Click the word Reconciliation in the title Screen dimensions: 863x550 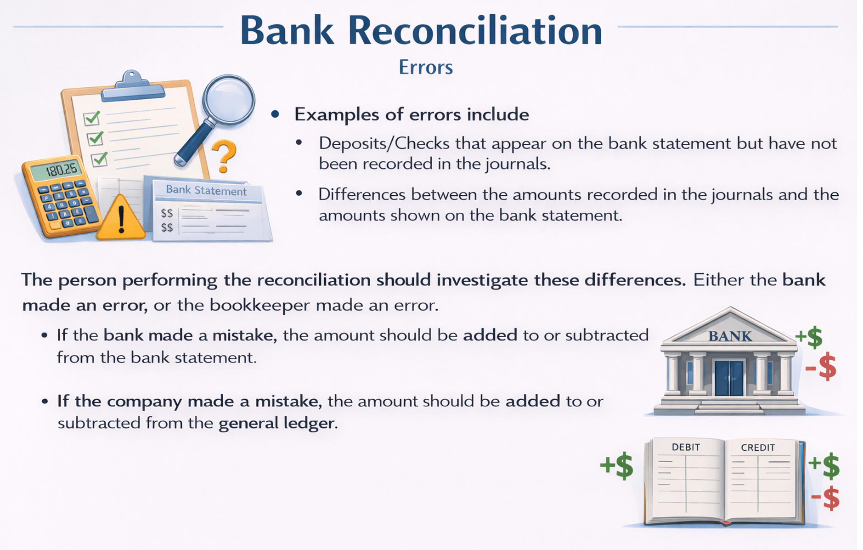[x=475, y=31]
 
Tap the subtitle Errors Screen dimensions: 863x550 [x=426, y=67]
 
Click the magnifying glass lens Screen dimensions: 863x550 [x=228, y=99]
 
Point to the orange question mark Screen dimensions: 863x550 [x=224, y=156]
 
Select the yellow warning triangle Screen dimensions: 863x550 [x=121, y=218]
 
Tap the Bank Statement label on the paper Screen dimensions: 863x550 [x=206, y=190]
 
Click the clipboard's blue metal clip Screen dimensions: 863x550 [x=132, y=87]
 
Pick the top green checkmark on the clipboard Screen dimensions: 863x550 [x=92, y=118]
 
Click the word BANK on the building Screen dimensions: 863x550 [x=730, y=336]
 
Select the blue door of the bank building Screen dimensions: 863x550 [x=729, y=378]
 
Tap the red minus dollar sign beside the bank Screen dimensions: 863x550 [x=821, y=367]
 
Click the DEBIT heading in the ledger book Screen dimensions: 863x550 [x=686, y=447]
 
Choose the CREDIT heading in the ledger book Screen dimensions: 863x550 [x=758, y=448]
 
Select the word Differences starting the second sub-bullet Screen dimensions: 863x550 [x=362, y=194]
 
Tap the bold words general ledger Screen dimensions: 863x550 [x=276, y=423]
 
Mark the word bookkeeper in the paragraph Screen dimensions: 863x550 [x=260, y=305]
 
